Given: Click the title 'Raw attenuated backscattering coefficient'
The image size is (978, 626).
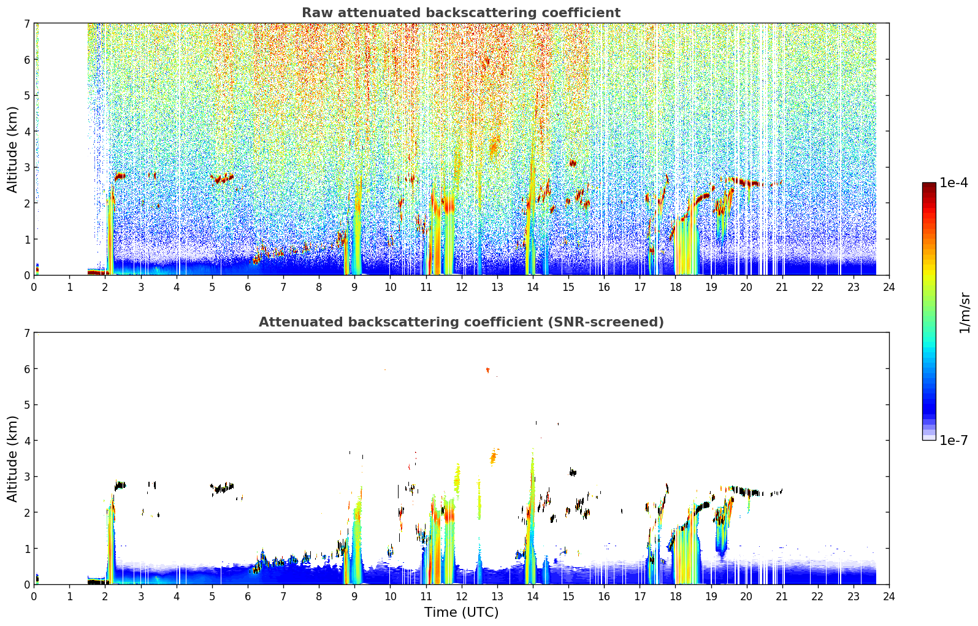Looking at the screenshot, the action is tap(461, 13).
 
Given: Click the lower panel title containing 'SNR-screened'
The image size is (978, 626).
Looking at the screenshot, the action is tap(461, 322).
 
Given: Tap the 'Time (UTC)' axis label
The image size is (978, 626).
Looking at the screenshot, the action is tap(461, 612).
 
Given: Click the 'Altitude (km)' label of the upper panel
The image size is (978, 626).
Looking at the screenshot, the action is tap(12, 149).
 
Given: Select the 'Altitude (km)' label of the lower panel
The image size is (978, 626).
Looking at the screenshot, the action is tap(12, 458).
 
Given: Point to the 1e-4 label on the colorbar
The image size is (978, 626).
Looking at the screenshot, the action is tap(954, 183).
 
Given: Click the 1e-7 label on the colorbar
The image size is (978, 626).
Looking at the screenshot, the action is tap(954, 440).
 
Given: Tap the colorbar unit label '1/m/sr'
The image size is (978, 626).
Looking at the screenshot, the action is tap(965, 313).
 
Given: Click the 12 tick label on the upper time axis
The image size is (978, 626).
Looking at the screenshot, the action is tap(462, 287).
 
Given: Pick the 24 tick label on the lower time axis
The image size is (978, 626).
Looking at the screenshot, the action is tap(889, 597).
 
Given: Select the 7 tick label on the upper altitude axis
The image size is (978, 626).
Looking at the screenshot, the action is tap(26, 23).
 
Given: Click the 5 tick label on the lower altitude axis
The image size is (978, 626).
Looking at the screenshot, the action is tap(26, 405).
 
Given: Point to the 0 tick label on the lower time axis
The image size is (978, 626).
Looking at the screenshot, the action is tap(34, 597).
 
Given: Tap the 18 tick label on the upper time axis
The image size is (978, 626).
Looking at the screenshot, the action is tap(676, 287).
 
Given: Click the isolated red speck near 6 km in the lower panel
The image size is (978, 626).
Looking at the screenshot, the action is tap(487, 370).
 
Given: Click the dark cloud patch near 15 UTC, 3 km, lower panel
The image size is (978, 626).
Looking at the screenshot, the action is tap(573, 472).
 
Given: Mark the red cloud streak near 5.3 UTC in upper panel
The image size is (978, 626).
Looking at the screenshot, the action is tap(222, 179).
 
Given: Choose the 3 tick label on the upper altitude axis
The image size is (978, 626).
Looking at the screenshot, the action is tap(26, 168).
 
